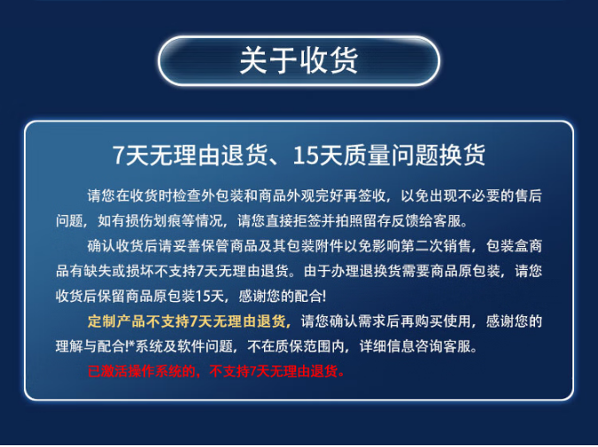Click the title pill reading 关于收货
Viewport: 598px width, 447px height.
tap(299, 60)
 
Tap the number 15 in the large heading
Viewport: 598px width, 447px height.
tap(306, 155)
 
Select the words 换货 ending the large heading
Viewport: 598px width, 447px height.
tap(462, 155)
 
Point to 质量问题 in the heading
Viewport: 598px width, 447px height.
tap(391, 155)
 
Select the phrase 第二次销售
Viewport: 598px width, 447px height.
tap(436, 246)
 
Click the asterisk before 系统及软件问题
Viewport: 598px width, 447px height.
tap(132, 345)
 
